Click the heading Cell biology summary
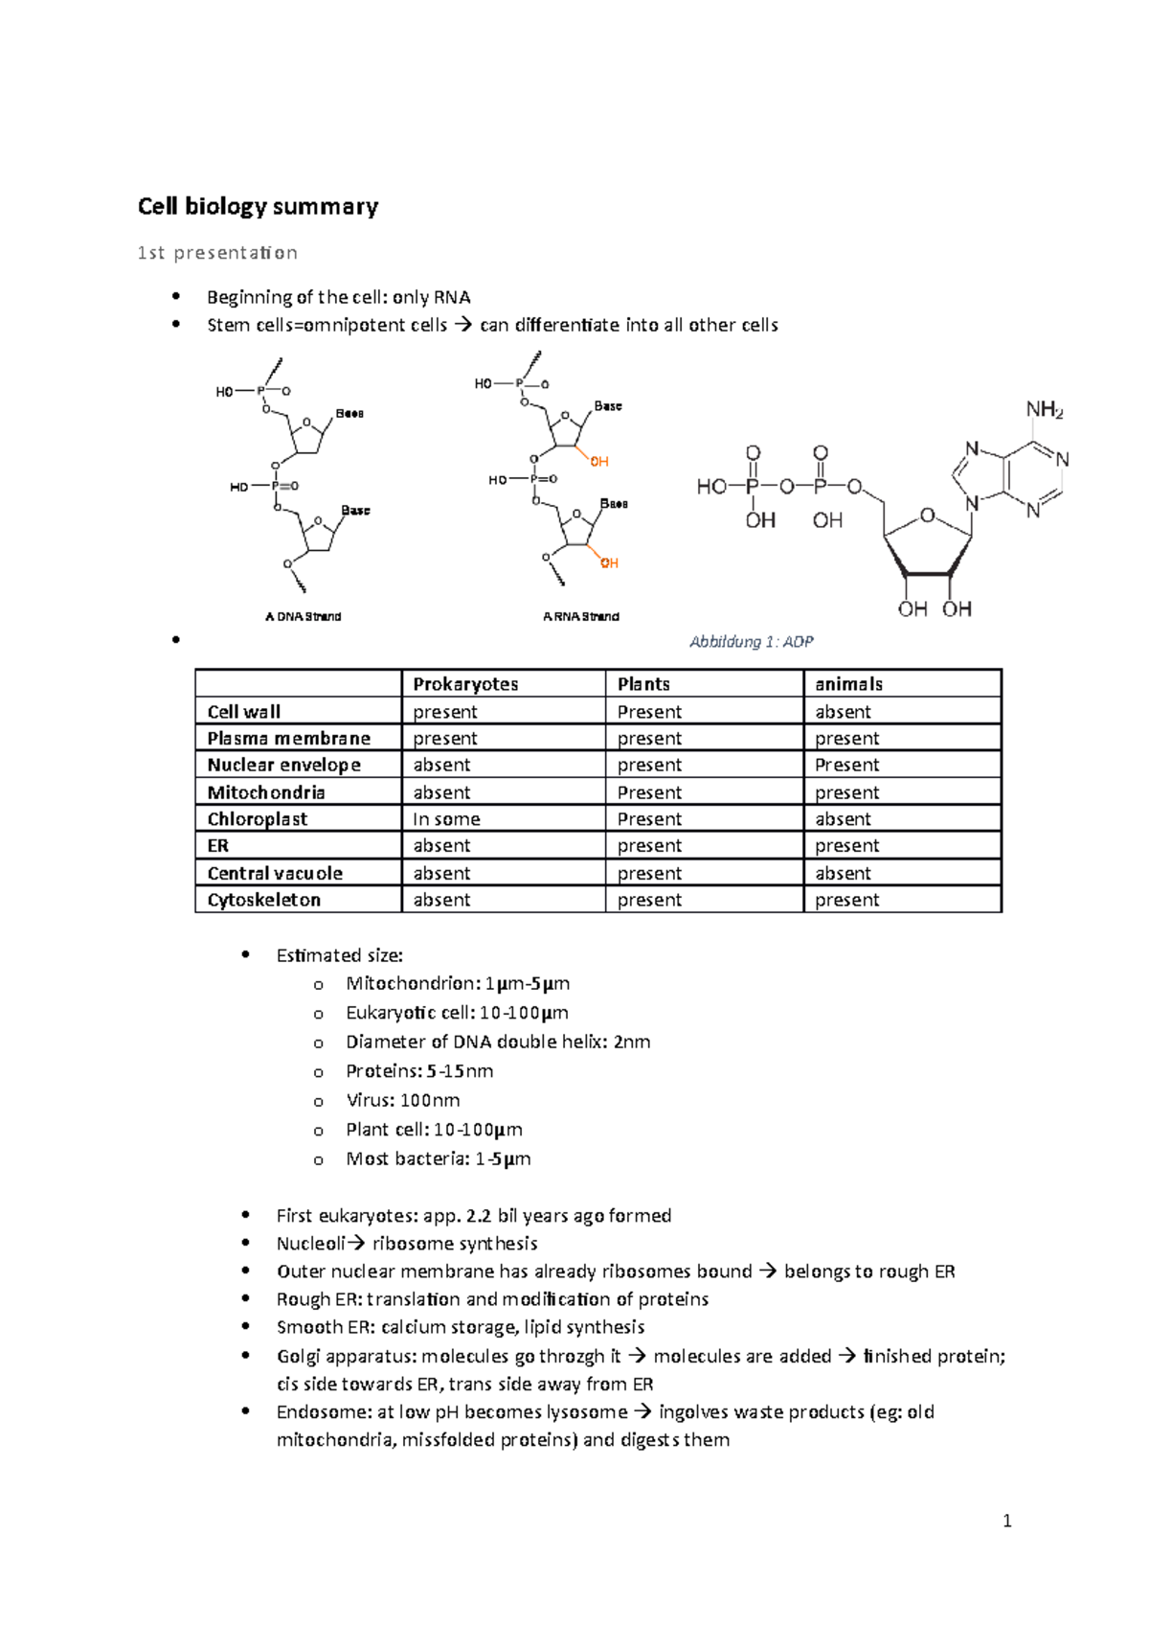pos(258,207)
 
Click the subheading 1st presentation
pos(217,253)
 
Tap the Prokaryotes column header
pos(465,684)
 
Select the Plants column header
pos(643,684)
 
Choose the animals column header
pos(848,684)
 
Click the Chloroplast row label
pos(258,819)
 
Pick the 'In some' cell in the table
pos(446,819)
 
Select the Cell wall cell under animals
pos(843,712)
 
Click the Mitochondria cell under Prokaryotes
pos(441,792)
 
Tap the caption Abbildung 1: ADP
pos(751,642)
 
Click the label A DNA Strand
pos(303,617)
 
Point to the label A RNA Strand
pos(580,617)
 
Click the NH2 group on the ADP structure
pos(1044,410)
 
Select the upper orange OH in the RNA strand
pos(599,462)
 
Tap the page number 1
pos(1006,1521)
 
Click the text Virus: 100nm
pos(402,1100)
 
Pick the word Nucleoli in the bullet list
pos(310,1244)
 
